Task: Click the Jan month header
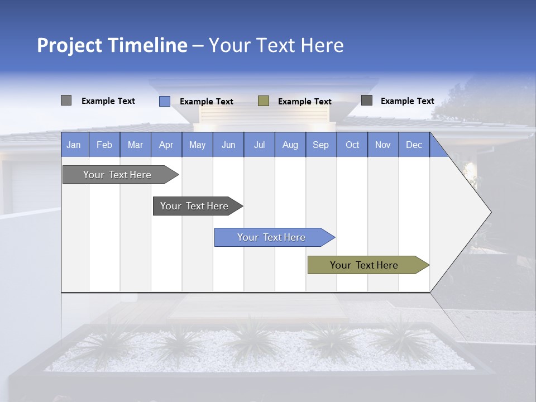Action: click(x=74, y=145)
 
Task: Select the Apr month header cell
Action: click(x=166, y=145)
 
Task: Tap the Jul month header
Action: click(x=259, y=145)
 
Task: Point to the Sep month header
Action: click(x=321, y=145)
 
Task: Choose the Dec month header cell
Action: click(x=414, y=145)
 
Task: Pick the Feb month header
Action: click(x=104, y=145)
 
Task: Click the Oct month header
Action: click(x=352, y=145)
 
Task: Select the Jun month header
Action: click(x=228, y=145)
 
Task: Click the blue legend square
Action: click(x=165, y=101)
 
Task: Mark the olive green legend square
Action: click(x=264, y=101)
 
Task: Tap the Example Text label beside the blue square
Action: click(x=207, y=102)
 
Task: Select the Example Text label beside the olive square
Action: click(x=305, y=102)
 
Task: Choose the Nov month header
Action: click(x=383, y=145)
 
